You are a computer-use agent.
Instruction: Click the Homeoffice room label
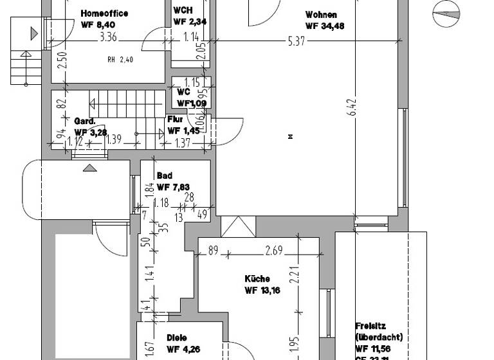click(104, 14)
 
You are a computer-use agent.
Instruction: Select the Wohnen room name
click(321, 15)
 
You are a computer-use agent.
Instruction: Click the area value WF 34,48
click(325, 26)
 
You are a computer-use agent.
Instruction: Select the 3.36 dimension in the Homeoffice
click(108, 37)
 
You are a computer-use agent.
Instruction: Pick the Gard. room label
click(85, 121)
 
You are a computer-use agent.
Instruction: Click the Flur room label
click(175, 120)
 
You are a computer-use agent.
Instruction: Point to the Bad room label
click(164, 175)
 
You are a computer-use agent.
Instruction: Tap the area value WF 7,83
click(172, 187)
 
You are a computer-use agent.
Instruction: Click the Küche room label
click(257, 279)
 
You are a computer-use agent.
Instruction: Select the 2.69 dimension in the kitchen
click(274, 251)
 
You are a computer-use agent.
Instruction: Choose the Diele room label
click(177, 337)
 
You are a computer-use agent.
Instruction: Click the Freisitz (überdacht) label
click(379, 331)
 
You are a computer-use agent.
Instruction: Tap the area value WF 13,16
click(262, 291)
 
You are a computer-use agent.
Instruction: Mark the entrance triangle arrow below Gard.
click(89, 168)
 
